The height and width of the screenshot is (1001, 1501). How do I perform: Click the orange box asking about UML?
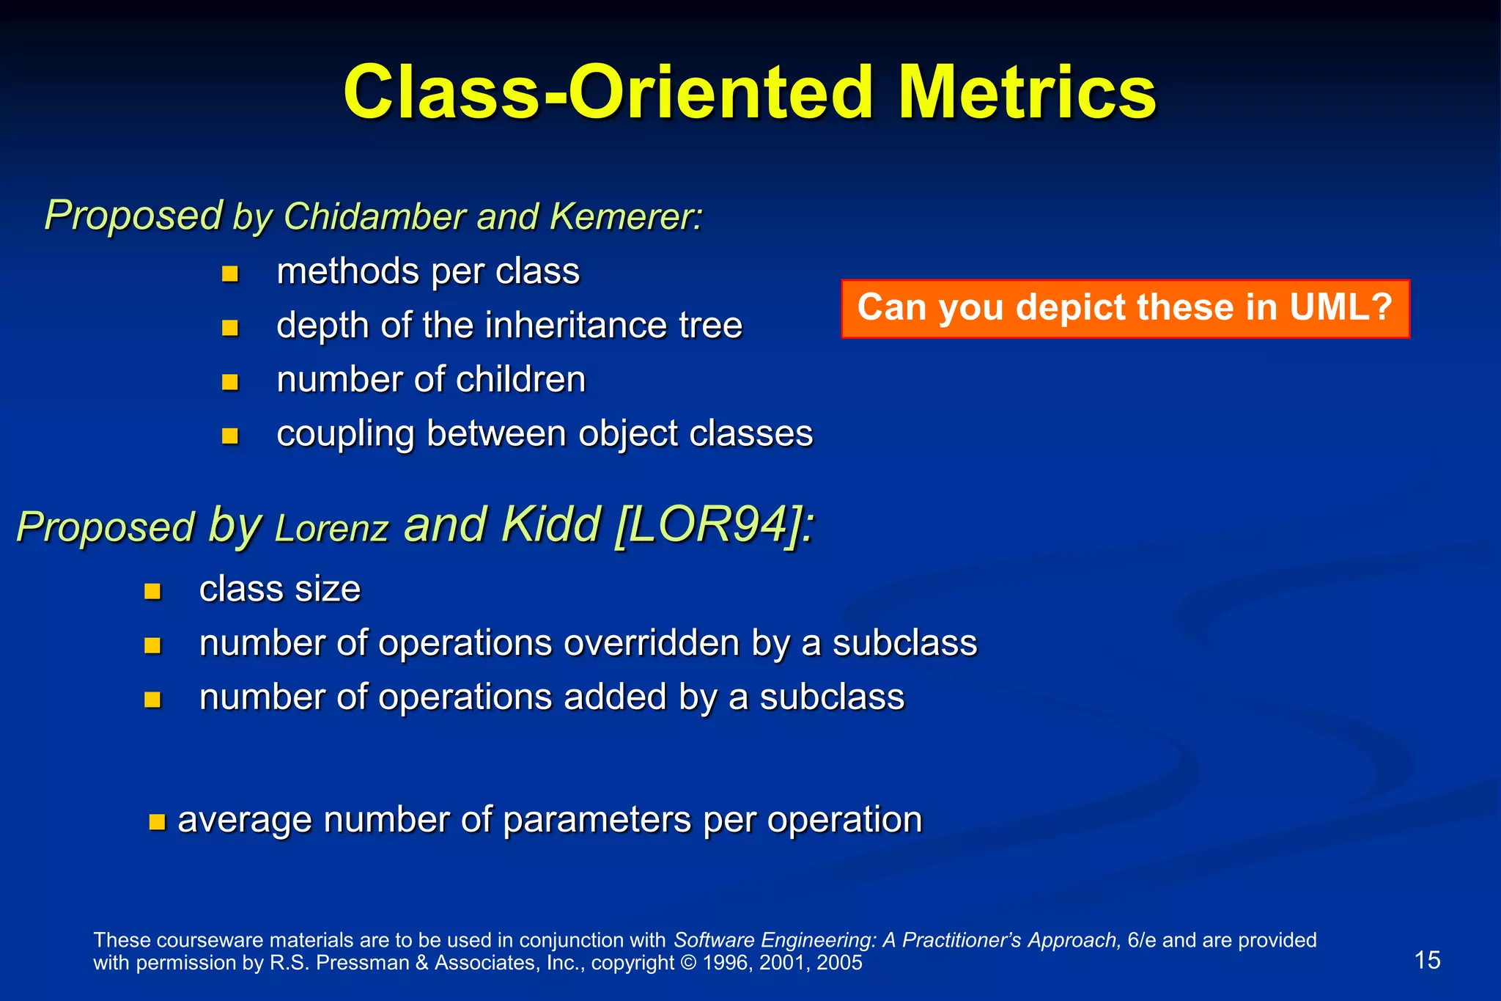coord(1125,309)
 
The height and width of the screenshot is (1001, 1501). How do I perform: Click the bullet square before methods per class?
coord(230,274)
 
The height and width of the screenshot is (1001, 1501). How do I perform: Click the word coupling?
coord(344,434)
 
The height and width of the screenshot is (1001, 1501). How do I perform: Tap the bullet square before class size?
coord(152,592)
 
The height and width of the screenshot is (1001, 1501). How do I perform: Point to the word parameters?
coord(597,820)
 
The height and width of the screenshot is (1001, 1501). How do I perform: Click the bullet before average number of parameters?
coord(157,821)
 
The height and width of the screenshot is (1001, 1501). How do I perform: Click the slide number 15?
coord(1427,960)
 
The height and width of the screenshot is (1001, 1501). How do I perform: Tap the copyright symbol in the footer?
coord(688,963)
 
